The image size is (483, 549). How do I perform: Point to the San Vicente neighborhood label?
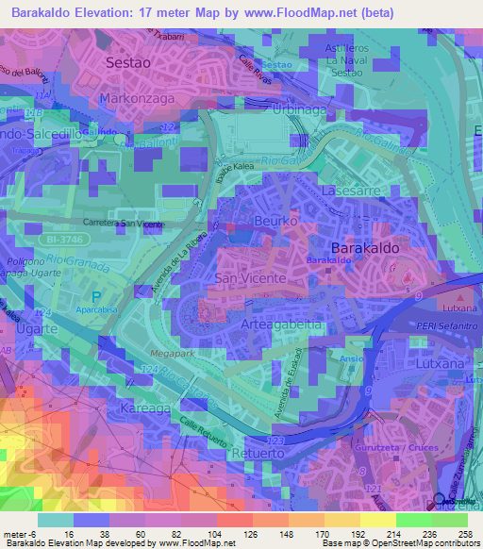coord(251,279)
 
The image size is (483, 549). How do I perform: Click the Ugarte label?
coord(38,329)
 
